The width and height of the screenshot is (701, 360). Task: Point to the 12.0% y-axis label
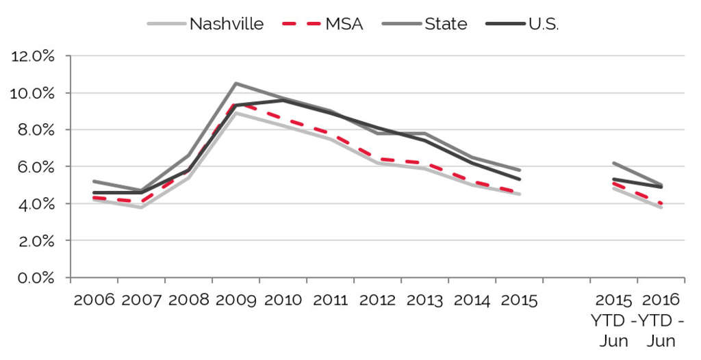(33, 56)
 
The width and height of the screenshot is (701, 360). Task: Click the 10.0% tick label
(33, 93)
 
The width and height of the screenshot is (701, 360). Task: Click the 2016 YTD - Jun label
(661, 320)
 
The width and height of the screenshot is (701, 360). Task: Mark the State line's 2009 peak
(235, 83)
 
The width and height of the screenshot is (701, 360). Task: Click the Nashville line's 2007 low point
(141, 207)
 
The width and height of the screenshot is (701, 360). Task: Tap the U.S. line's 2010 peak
(283, 100)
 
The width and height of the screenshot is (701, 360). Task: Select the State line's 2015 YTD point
(614, 163)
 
